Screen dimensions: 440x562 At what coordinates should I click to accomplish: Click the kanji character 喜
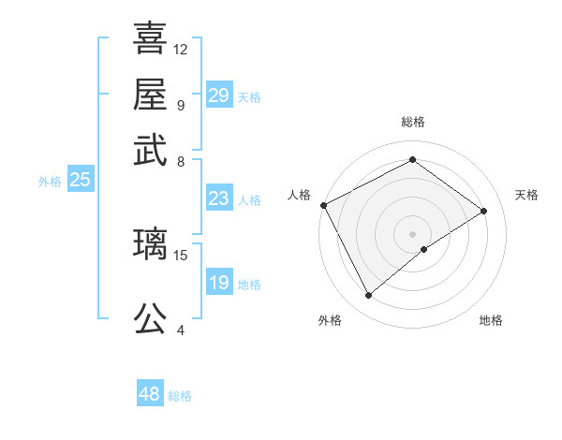point(150,40)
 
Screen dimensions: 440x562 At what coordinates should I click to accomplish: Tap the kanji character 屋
point(150,95)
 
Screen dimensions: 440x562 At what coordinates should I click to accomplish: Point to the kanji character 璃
point(150,244)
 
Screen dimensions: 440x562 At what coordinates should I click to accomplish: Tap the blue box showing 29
point(218,96)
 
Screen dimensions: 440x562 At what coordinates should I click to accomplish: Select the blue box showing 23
point(218,198)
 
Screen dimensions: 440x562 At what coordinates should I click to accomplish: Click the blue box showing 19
point(218,284)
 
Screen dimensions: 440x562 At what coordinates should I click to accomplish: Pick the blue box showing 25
point(80,181)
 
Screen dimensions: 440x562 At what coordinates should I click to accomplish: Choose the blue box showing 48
point(149,394)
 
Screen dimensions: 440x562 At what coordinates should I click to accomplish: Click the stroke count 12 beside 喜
point(181,49)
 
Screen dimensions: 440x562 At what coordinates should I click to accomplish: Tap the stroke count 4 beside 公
point(181,330)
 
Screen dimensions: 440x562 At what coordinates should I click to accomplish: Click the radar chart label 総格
point(412,123)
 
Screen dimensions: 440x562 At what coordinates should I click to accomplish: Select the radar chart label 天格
point(526,195)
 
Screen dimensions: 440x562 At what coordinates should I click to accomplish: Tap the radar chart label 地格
point(491,320)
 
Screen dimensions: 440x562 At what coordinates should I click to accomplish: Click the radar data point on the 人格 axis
point(323,205)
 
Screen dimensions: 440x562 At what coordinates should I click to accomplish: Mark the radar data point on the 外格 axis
point(368,296)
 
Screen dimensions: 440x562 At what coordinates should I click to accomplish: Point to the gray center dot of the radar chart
point(413,234)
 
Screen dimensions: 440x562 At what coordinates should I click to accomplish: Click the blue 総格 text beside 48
point(180,396)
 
